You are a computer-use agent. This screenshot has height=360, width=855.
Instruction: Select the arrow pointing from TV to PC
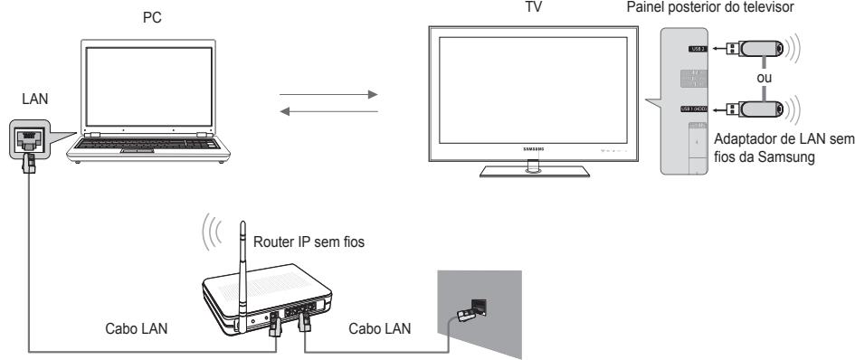(x=328, y=112)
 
